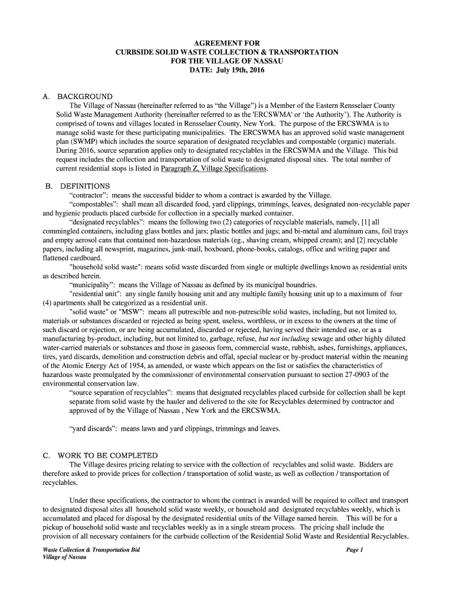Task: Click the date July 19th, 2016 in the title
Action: (x=241, y=70)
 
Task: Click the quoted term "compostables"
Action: (x=94, y=204)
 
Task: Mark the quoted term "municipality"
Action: (x=94, y=284)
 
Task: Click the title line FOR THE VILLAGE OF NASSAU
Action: (x=227, y=61)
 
